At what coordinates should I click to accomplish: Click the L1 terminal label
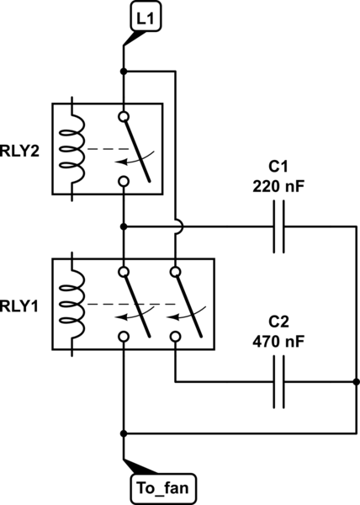coord(146,19)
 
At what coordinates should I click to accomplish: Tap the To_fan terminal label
coord(163,488)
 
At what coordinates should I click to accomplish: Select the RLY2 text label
coord(19,151)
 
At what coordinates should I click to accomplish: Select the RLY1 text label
coord(19,306)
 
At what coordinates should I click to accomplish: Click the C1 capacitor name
coord(278,167)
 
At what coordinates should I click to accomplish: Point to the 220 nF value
coord(278,186)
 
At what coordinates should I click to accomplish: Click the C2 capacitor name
coord(278,322)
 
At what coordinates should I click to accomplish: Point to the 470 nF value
coord(278,342)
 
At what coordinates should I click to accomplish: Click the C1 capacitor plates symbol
coord(279,226)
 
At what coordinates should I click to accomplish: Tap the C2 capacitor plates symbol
coord(279,382)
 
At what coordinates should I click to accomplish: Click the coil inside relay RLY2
coord(72,149)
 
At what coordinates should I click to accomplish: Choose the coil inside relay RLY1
coord(72,304)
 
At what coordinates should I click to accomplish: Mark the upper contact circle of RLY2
coord(124,116)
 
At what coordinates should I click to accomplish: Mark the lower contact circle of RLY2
coord(124,181)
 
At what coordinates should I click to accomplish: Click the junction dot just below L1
coord(124,72)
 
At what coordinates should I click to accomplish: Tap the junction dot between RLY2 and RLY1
coord(124,226)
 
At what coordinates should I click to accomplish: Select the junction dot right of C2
coord(356,382)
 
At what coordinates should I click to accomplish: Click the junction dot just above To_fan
coord(124,433)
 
